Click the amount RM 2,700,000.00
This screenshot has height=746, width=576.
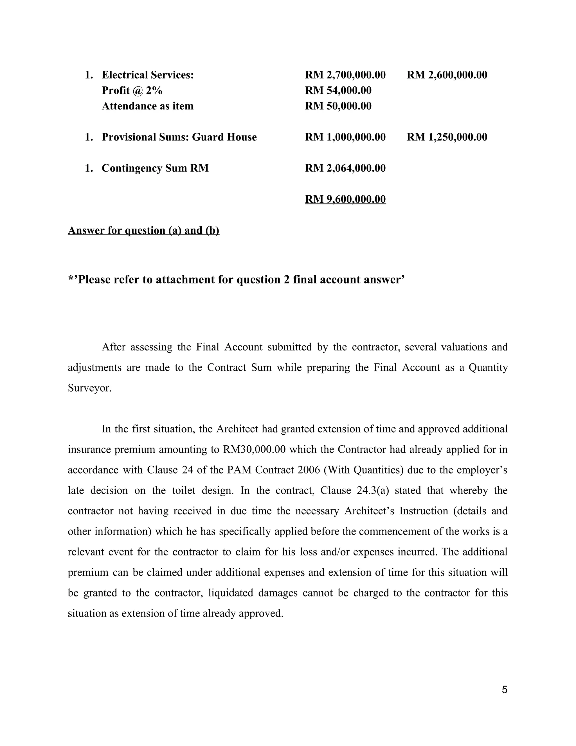(x=345, y=75)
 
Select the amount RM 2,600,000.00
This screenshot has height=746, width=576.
(x=447, y=75)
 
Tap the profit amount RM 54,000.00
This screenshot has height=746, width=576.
(x=338, y=91)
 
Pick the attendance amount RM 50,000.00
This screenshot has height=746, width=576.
(x=338, y=106)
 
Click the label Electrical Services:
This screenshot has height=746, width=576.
(x=147, y=75)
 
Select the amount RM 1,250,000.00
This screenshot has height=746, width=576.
(x=447, y=137)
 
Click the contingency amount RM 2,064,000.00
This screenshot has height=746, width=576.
(x=345, y=168)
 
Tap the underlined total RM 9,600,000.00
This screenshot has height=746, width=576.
(x=345, y=199)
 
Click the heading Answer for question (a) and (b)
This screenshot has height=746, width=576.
(x=143, y=231)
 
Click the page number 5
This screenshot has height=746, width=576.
(x=504, y=690)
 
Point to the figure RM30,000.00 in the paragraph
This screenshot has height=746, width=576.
(x=254, y=450)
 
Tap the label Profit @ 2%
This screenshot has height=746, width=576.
(x=132, y=91)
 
